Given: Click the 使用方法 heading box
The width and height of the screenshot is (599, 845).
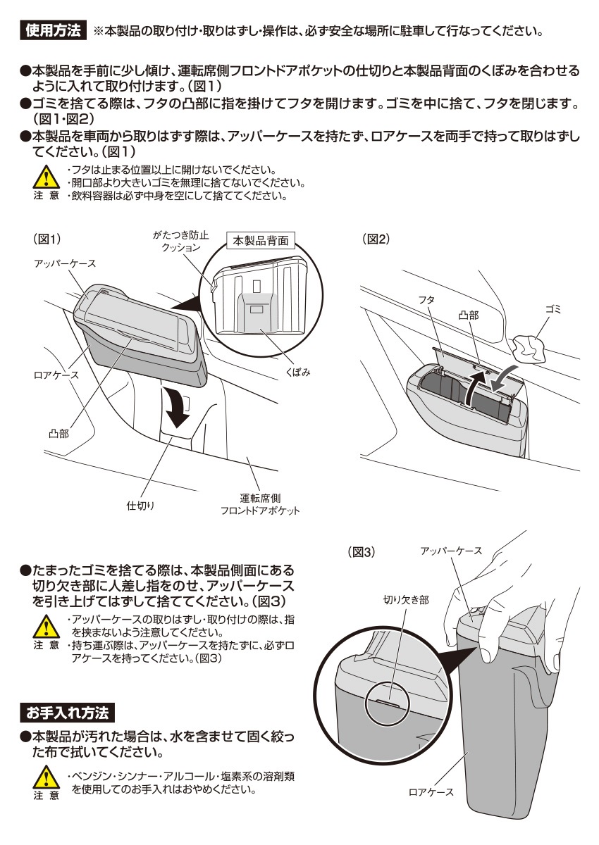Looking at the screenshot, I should [54, 31].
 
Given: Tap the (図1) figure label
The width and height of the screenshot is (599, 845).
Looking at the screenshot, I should [47, 240].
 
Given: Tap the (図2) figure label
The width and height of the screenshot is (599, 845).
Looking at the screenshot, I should [376, 239].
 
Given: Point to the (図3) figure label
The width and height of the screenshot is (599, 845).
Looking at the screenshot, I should [362, 553].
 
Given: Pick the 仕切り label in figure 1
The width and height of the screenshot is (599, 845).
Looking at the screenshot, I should [140, 506].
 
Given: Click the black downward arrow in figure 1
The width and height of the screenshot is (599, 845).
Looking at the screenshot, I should [175, 406].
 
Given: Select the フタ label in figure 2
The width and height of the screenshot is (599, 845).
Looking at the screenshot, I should [426, 299].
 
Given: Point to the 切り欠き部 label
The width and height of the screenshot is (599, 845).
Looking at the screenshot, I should [406, 600].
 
